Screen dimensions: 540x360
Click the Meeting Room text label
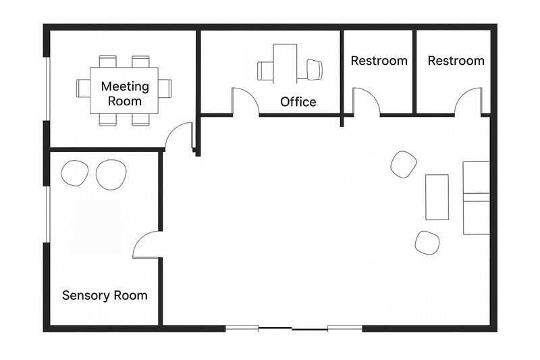point(125,93)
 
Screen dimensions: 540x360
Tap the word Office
point(298,102)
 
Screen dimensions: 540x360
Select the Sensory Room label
point(105,295)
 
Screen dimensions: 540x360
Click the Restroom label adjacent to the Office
point(379,61)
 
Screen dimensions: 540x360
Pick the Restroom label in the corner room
point(456,61)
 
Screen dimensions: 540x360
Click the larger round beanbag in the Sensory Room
point(111,174)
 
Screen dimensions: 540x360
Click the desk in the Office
point(285,63)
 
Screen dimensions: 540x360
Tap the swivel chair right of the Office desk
point(314,70)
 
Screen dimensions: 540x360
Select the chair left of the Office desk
point(265,71)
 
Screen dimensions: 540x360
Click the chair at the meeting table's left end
point(83,88)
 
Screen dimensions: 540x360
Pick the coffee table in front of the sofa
point(437,197)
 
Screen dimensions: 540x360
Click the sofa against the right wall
point(477,198)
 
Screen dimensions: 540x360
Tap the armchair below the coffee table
point(427,243)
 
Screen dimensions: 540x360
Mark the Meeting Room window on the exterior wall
point(48,88)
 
